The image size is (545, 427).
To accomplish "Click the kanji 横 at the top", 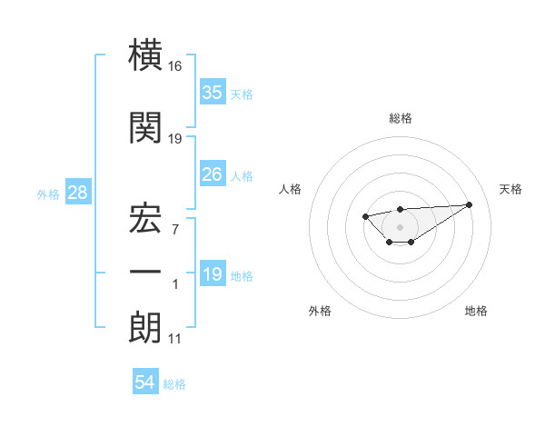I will (x=145, y=56).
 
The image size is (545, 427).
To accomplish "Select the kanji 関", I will (x=145, y=128).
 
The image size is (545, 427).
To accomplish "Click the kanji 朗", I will (x=145, y=327).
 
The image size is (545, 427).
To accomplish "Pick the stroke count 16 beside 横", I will (x=175, y=66).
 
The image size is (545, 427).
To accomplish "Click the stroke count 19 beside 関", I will (x=175, y=138).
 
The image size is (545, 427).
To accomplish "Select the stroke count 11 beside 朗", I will (x=174, y=339).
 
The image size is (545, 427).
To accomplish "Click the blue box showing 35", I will (x=212, y=92).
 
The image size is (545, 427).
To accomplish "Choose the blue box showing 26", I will (x=212, y=174).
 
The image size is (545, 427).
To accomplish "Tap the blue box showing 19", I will (x=212, y=274).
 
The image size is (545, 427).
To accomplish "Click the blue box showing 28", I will (x=77, y=193).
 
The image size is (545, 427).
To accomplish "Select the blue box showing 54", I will (x=144, y=383).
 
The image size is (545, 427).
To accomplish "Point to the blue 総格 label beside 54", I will (x=174, y=384).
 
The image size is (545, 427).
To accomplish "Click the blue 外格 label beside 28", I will (x=48, y=194).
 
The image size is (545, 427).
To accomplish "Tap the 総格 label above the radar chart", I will (x=400, y=118).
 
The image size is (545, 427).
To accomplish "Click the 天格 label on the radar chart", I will (x=511, y=189).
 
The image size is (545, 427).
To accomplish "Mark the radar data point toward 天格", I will (x=469, y=204).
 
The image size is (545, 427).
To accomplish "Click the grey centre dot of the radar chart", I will (x=400, y=226).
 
